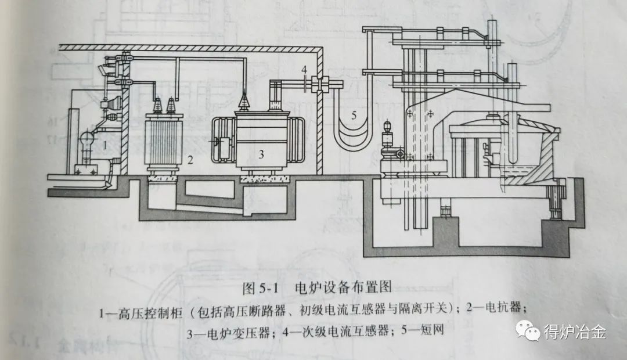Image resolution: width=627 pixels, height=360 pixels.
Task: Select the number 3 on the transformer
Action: pyautogui.click(x=261, y=154)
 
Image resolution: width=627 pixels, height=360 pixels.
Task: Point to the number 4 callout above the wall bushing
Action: pyautogui.click(x=304, y=70)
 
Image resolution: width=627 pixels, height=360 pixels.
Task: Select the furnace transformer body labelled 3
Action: pyautogui.click(x=255, y=139)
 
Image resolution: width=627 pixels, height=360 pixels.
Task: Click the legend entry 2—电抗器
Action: pyautogui.click(x=491, y=311)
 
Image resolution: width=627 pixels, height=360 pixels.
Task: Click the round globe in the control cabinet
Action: pyautogui.click(x=85, y=140)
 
